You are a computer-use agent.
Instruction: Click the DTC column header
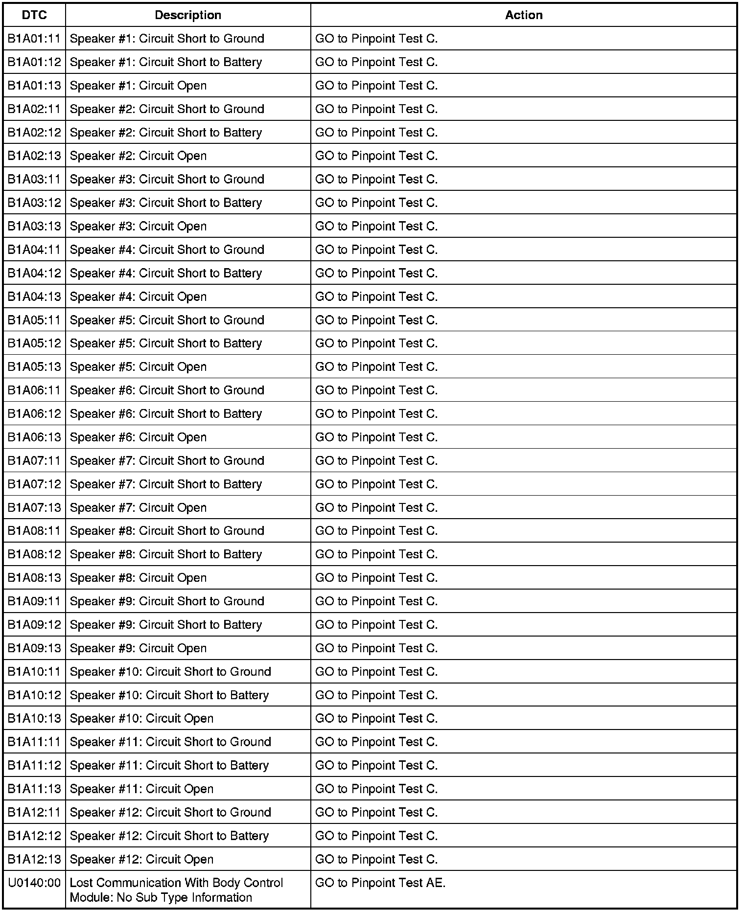click(34, 15)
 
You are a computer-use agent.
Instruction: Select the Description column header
click(188, 15)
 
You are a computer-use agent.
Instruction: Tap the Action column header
click(523, 15)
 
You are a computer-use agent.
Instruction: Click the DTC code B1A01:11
click(34, 39)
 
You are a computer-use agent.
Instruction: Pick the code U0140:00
click(34, 883)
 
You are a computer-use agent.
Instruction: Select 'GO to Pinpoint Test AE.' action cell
click(380, 883)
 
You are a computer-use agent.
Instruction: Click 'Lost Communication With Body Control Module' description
click(176, 890)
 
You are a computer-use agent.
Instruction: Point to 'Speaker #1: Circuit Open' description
click(138, 86)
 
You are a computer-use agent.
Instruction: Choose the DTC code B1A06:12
click(34, 414)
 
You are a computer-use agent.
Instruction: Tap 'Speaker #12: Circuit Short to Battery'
click(169, 836)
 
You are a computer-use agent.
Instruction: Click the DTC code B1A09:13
click(34, 648)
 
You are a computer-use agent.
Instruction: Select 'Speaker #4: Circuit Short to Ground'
click(167, 250)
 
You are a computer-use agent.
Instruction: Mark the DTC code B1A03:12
click(34, 203)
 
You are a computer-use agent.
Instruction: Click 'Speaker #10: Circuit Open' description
click(141, 719)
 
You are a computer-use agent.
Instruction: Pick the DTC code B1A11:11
click(34, 742)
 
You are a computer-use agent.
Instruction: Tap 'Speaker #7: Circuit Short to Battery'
click(166, 484)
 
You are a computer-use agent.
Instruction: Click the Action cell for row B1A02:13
click(376, 156)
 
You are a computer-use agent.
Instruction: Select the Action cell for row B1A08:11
click(376, 531)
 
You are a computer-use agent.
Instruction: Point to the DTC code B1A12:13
click(34, 859)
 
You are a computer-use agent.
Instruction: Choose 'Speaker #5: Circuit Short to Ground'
click(167, 320)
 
